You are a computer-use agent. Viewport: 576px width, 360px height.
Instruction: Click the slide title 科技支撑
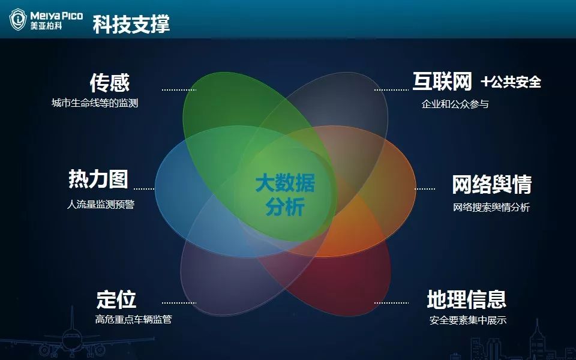point(131,24)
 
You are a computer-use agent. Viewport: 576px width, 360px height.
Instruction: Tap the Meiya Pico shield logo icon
point(18,19)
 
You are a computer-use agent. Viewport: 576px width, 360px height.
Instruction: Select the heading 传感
point(110,83)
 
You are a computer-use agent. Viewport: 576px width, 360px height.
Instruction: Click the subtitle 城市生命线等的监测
point(95,103)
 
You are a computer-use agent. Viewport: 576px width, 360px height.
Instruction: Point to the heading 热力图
point(98,179)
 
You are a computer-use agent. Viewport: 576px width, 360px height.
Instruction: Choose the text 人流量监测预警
point(101,204)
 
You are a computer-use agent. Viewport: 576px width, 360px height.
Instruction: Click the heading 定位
point(116,300)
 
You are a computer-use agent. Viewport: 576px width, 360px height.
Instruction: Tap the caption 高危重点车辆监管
point(133,319)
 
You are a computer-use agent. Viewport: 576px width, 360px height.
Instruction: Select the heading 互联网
point(442,81)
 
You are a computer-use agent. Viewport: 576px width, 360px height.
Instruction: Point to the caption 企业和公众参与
point(455,104)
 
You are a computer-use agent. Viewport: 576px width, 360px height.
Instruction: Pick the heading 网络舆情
point(492,184)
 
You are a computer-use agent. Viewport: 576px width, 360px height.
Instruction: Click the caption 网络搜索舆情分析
point(491,207)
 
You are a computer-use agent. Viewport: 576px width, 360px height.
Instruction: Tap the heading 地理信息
point(467,299)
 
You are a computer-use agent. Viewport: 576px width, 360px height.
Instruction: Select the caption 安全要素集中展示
point(468,320)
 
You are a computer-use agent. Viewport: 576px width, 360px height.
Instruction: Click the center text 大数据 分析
point(285,194)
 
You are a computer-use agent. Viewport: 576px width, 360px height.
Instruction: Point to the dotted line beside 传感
point(179,89)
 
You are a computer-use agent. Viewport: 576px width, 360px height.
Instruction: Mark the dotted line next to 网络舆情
point(425,189)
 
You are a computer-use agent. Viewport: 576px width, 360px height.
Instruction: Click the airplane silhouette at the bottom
point(73,336)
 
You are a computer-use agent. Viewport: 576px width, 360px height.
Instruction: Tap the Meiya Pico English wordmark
point(56,16)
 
